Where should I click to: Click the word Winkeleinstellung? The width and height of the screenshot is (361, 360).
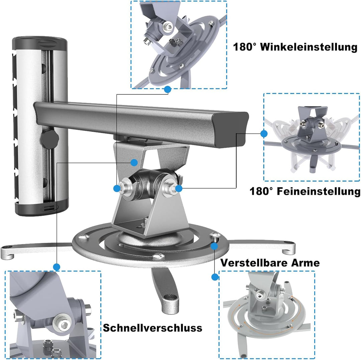[x=309, y=47]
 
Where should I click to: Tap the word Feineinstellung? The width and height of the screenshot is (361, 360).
[x=319, y=191]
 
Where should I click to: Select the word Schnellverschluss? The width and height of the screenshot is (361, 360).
[x=152, y=328]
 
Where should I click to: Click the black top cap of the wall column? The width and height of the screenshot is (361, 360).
[x=39, y=44]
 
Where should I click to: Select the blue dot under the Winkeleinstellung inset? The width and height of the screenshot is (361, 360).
[x=167, y=89]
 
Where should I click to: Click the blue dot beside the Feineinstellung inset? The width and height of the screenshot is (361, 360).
[x=264, y=134]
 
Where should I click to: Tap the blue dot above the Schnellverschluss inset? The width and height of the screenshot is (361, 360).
[x=56, y=267]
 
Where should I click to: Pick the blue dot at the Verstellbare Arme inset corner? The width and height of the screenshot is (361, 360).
[x=215, y=277]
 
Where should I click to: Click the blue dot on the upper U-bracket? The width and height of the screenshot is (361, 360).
[x=134, y=163]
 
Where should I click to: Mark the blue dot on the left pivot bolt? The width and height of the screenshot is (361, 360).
[x=117, y=188]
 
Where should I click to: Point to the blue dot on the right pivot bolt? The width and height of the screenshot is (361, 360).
[x=178, y=188]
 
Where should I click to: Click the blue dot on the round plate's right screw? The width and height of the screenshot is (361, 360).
[x=214, y=246]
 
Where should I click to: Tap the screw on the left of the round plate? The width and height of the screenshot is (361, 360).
[x=84, y=237]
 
